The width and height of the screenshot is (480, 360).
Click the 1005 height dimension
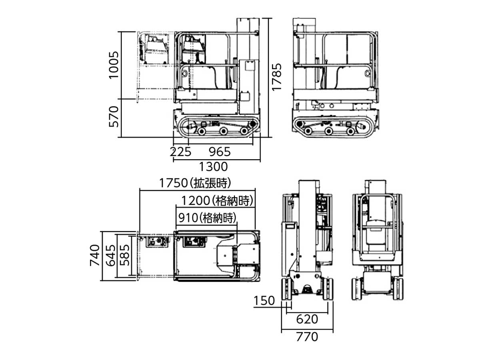click(x=114, y=65)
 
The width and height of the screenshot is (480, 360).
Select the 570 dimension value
click(x=114, y=116)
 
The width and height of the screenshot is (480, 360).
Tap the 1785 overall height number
click(x=276, y=77)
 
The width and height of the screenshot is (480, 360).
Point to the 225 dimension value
click(x=180, y=152)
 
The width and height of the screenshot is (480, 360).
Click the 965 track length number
click(x=220, y=152)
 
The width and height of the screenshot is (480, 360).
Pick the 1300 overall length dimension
click(x=213, y=167)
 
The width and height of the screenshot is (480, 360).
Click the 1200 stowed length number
click(x=196, y=201)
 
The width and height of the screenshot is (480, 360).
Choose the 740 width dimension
click(x=95, y=255)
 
